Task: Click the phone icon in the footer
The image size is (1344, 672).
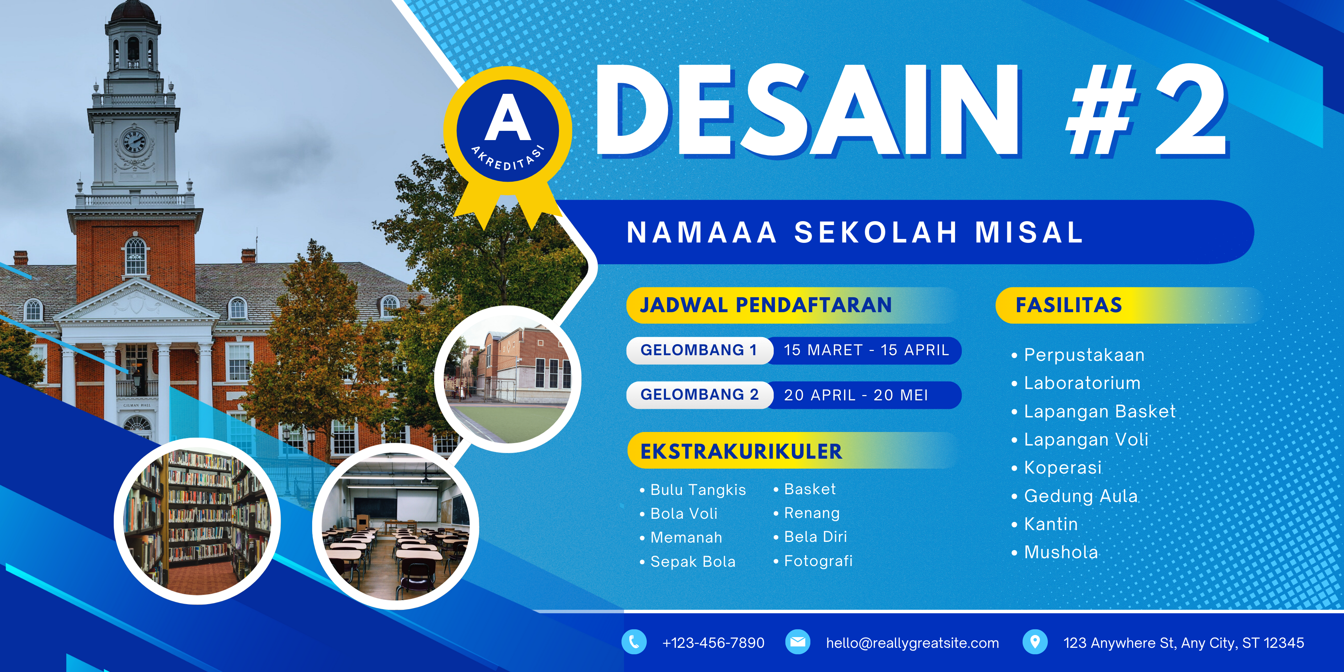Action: (634, 642)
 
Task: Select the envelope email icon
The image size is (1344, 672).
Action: (797, 642)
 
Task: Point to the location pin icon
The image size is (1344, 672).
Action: (1035, 642)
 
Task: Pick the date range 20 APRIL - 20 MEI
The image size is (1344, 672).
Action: (856, 395)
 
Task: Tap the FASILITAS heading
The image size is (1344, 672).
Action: (1068, 305)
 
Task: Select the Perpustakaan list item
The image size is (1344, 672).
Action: (1084, 355)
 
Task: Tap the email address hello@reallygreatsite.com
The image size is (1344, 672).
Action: (912, 643)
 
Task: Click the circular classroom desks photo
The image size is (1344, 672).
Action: (395, 527)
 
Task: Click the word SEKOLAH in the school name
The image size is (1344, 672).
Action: (875, 233)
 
